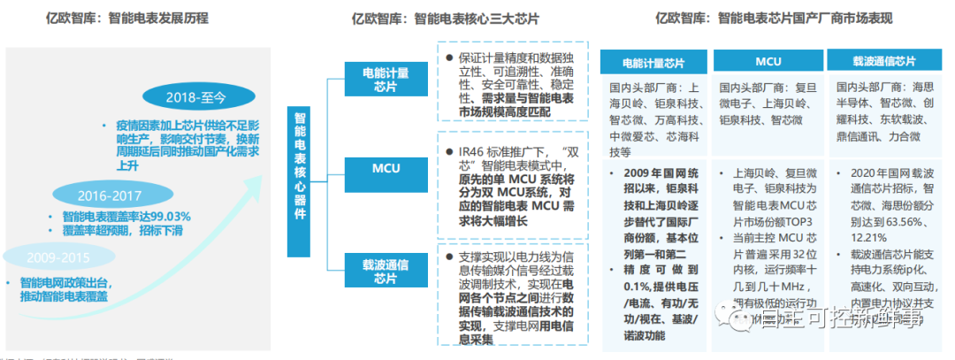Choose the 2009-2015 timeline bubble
click(46, 257)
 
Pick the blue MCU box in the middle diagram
click(386, 168)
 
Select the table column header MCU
click(768, 63)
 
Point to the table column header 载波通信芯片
click(883, 63)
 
